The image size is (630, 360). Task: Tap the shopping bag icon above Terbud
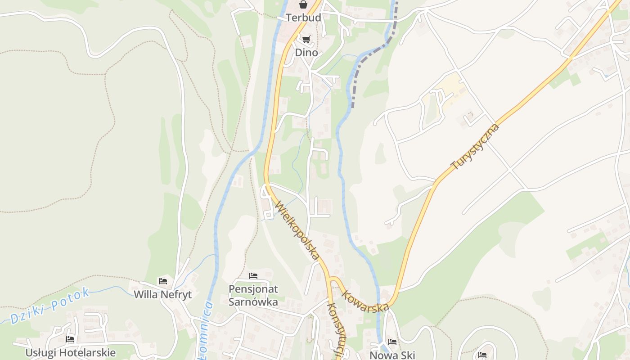(303, 5)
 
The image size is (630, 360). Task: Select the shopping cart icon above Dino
(306, 40)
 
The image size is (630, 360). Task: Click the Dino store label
(306, 53)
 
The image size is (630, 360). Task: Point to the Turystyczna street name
(475, 147)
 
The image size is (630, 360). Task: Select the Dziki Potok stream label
(49, 306)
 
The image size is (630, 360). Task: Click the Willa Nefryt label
(163, 295)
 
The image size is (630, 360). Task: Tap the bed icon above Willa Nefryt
(163, 281)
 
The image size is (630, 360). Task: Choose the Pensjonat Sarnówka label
(253, 295)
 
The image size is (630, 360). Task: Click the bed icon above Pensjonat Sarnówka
(253, 275)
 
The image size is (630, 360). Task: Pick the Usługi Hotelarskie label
(70, 352)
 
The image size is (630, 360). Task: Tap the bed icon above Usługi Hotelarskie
(70, 339)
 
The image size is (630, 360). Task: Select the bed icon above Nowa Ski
(392, 342)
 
